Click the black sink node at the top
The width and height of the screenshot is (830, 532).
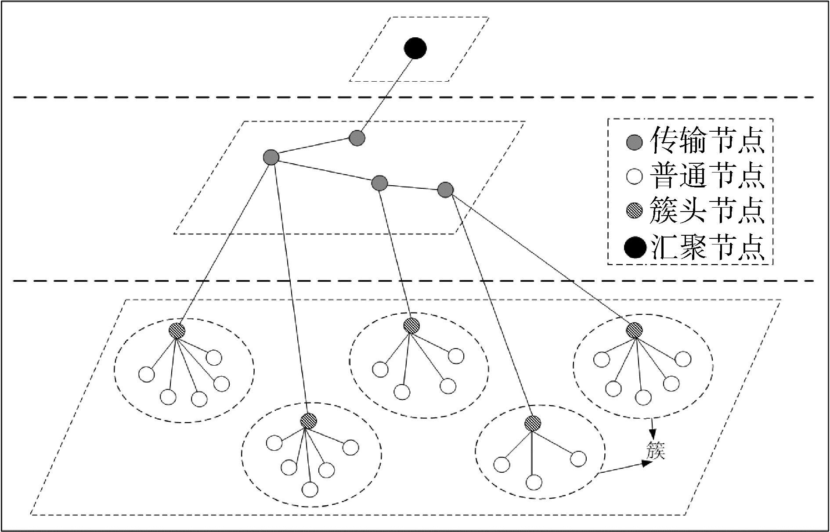[415, 48]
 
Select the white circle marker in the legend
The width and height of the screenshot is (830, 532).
[634, 177]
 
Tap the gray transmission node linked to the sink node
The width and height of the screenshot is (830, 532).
[357, 138]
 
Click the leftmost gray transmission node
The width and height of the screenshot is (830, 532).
[271, 157]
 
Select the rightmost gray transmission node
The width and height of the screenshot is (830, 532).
[445, 190]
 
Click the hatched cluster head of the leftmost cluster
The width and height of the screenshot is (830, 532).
[177, 330]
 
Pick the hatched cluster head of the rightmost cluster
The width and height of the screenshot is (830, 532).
[634, 330]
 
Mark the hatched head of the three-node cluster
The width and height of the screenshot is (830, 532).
[533, 424]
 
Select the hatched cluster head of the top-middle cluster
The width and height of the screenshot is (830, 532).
[411, 325]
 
